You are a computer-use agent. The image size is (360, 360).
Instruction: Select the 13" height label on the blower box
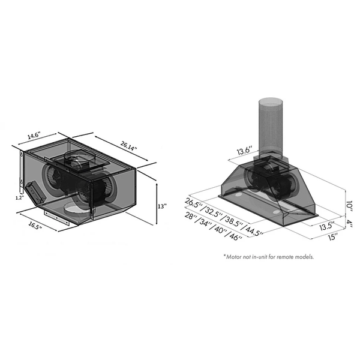point(161,206)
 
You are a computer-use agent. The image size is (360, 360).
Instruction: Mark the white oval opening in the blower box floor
point(76,209)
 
